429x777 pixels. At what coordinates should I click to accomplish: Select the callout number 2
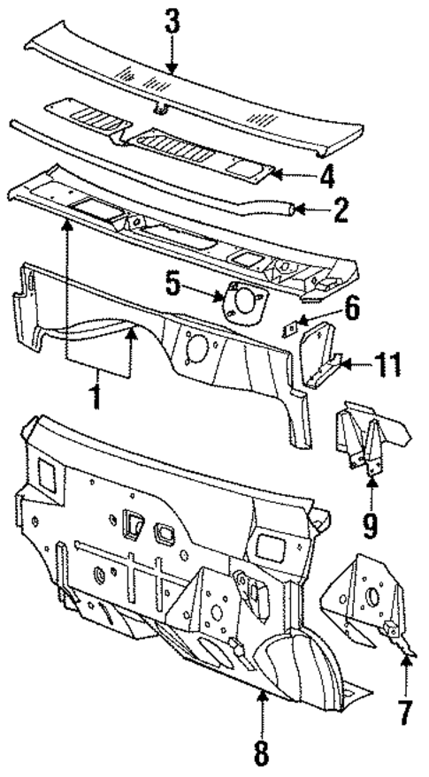341,209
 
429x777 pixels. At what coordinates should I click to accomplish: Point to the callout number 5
172,286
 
